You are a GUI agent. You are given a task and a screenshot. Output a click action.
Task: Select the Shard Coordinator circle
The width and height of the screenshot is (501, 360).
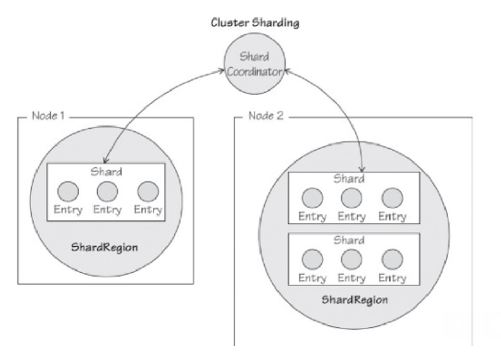click(x=254, y=65)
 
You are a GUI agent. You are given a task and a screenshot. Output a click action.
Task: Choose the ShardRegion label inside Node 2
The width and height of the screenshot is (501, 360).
click(x=355, y=299)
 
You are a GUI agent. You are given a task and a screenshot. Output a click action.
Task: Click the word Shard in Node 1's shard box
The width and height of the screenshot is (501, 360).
click(x=106, y=172)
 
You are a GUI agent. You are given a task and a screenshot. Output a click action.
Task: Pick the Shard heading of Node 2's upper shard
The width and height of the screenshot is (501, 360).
click(x=349, y=179)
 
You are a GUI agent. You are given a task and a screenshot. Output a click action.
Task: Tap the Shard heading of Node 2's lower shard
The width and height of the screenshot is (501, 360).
click(x=349, y=240)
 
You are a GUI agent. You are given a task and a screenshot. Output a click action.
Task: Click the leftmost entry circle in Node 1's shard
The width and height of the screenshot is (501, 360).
click(x=68, y=192)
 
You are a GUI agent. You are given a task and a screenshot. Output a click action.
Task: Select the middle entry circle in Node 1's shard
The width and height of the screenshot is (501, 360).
click(x=107, y=192)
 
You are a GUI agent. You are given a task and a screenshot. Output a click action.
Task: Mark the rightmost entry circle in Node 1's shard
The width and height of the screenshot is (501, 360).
click(x=147, y=192)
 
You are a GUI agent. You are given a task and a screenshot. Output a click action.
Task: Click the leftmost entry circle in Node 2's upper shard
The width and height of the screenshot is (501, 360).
click(x=312, y=198)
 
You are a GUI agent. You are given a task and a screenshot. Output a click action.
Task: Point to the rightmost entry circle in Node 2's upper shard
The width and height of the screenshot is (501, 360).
click(x=392, y=198)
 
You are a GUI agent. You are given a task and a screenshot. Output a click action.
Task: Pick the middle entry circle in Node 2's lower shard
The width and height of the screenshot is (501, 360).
click(x=351, y=259)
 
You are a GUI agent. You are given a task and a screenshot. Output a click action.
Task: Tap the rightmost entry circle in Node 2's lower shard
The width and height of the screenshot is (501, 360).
click(x=392, y=259)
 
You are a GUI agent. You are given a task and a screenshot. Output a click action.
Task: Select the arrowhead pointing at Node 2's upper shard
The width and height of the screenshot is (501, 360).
click(x=362, y=169)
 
